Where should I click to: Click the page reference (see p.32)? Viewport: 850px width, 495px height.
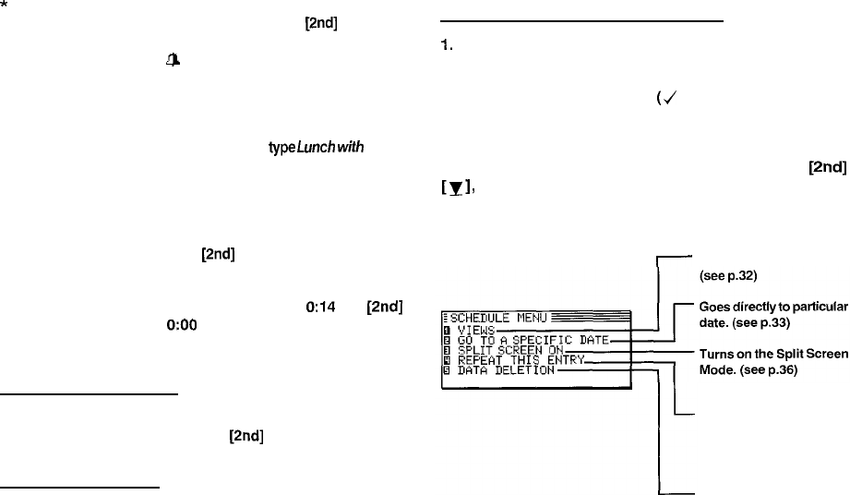click(729, 274)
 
